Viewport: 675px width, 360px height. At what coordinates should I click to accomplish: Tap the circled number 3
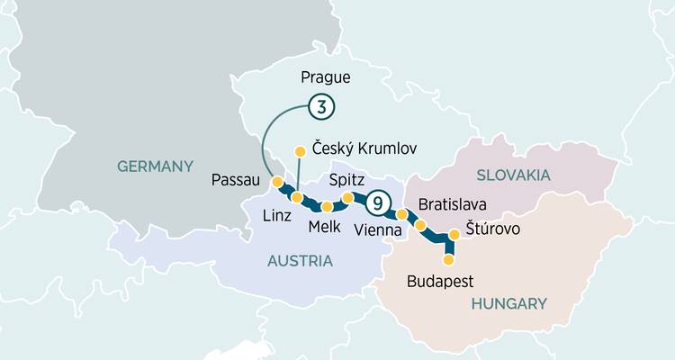click(x=321, y=106)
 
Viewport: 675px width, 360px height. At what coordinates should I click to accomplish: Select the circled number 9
click(x=378, y=203)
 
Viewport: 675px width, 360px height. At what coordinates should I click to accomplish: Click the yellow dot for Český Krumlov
click(x=301, y=151)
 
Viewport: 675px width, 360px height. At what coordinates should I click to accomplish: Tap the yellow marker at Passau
click(x=277, y=183)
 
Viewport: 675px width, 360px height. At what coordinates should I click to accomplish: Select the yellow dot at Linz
click(x=297, y=197)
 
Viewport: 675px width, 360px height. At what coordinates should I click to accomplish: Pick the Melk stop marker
click(x=327, y=206)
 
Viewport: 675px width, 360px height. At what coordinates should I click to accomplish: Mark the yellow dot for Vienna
click(x=401, y=214)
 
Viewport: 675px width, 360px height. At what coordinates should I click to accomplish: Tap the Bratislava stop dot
click(x=420, y=225)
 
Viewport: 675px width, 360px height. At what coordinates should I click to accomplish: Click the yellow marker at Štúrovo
click(x=454, y=234)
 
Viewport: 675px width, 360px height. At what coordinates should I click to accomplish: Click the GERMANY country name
click(x=156, y=166)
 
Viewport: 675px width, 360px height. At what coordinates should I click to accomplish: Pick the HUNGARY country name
click(x=508, y=303)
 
